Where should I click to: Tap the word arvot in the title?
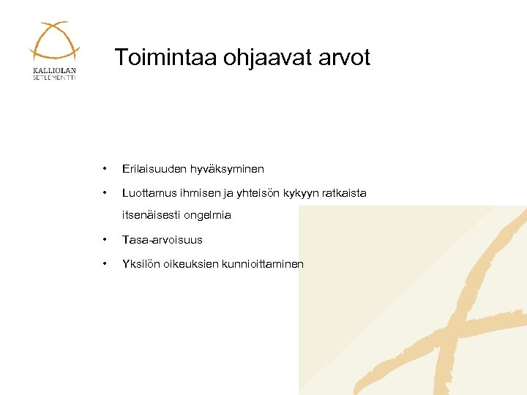click(x=344, y=58)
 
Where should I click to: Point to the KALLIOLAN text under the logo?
click(x=54, y=70)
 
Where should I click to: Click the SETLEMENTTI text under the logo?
click(x=54, y=78)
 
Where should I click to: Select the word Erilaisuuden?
click(x=154, y=169)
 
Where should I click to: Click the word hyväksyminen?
click(x=227, y=169)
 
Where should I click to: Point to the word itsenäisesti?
click(x=151, y=215)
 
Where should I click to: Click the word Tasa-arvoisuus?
click(x=162, y=240)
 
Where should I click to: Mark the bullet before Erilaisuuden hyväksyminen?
click(x=106, y=169)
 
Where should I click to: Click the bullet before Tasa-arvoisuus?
click(x=106, y=240)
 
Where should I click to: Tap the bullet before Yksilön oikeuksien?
click(x=106, y=264)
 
